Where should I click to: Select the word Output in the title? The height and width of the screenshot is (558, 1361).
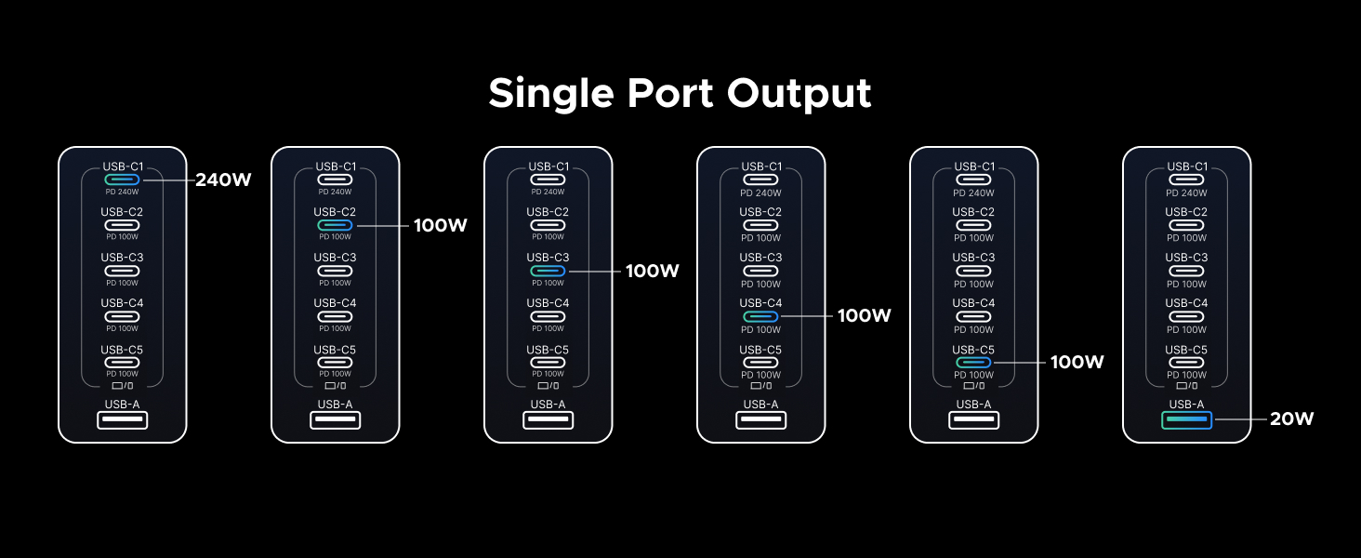click(x=799, y=94)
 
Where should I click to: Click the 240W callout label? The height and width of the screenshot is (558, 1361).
click(x=223, y=180)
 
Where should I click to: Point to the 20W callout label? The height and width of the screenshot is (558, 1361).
click(x=1292, y=419)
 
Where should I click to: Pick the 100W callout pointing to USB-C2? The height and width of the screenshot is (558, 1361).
click(x=440, y=226)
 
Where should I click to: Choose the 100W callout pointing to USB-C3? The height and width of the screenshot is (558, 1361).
click(x=653, y=272)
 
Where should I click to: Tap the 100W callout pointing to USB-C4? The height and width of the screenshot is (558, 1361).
click(x=865, y=316)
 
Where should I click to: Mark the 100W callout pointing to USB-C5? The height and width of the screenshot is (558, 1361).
click(x=1077, y=363)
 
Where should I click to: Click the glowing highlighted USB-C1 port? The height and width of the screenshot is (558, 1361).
click(x=122, y=179)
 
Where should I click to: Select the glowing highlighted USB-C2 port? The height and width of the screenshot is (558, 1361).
click(x=335, y=225)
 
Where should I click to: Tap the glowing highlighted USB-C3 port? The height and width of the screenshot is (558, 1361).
click(x=548, y=271)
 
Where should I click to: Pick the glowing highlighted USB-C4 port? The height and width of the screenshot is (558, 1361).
click(x=760, y=316)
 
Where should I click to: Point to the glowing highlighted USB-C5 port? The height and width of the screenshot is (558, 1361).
click(x=973, y=362)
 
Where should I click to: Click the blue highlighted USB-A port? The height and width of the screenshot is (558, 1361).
click(x=1186, y=420)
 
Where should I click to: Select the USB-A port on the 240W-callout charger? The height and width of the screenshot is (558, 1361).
click(x=122, y=420)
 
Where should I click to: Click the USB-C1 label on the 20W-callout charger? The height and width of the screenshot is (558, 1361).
click(x=1186, y=166)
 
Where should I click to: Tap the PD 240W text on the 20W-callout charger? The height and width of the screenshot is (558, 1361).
click(x=1186, y=193)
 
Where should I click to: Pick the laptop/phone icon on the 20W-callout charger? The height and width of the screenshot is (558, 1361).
click(x=1186, y=386)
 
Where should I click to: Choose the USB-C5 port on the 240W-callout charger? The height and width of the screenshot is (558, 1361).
click(x=122, y=362)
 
